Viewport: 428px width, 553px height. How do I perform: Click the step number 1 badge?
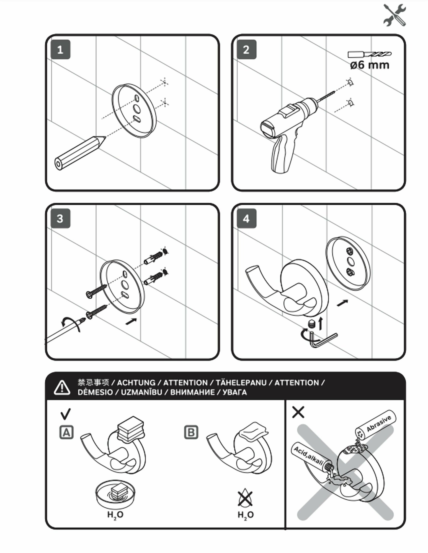click(60, 50)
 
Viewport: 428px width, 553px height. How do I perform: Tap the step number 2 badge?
click(246, 50)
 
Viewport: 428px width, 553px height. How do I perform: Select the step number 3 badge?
click(60, 219)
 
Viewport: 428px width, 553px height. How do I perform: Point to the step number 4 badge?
click(246, 219)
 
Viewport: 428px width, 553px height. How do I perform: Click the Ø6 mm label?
click(370, 65)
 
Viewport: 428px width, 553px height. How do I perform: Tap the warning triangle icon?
click(62, 387)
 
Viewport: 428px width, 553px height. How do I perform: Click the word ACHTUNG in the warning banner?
click(136, 383)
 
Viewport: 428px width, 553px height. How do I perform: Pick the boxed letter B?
click(191, 432)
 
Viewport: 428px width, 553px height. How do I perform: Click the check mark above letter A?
click(66, 414)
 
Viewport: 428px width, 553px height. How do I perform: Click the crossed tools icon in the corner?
click(395, 15)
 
